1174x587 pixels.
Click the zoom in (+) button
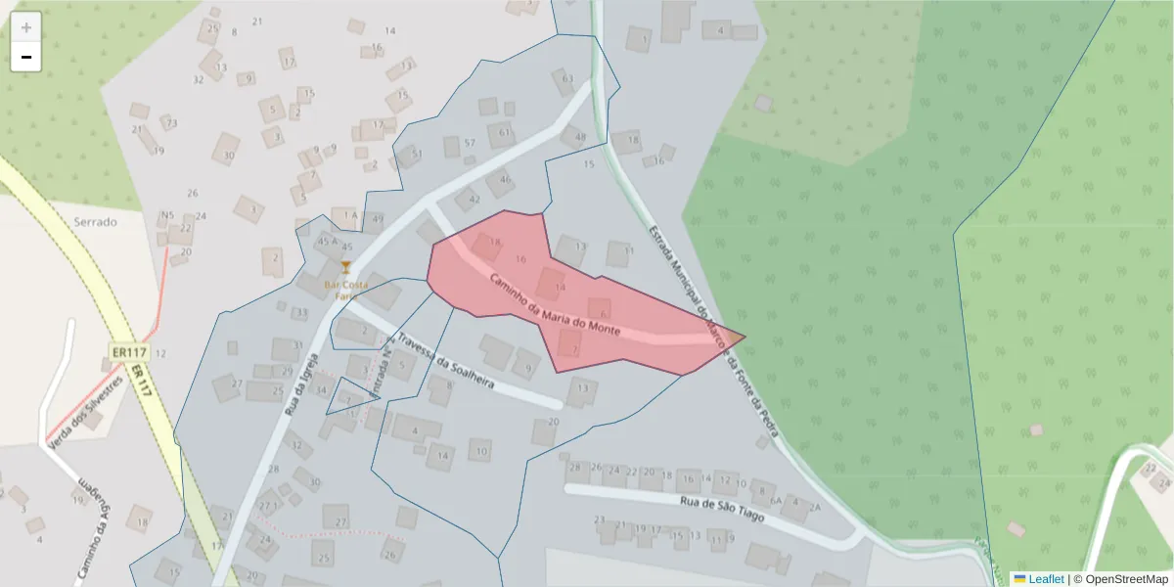tap(26, 26)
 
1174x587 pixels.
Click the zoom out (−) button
tap(26, 57)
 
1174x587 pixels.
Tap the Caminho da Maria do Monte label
tap(555, 304)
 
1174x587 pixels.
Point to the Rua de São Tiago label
tap(721, 508)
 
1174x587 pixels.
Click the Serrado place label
tap(95, 222)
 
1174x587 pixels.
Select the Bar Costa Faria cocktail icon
tap(344, 266)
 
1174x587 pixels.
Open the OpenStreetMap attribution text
tap(1120, 579)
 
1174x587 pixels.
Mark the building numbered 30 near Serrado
tap(228, 154)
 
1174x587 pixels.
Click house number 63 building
tap(565, 80)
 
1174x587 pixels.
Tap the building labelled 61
tap(504, 132)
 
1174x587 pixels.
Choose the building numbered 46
tap(504, 179)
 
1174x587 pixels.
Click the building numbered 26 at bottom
tap(390, 555)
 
